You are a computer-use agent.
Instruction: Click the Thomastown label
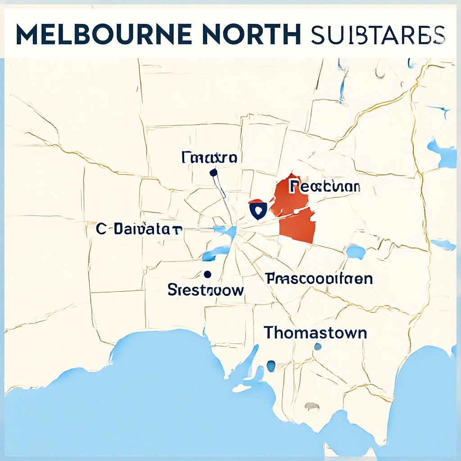coord(315,333)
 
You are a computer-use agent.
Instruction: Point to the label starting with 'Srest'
coord(206,289)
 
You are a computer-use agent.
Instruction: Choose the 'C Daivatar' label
coord(139,229)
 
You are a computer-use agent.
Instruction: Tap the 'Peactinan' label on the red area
coord(325,186)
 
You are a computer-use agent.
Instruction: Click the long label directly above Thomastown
coord(319,279)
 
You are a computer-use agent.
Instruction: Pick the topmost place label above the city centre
coord(209,158)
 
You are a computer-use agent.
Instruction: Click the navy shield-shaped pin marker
coord(258,210)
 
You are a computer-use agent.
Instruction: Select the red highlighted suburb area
coord(297,225)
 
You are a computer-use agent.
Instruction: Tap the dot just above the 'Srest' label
coord(208,274)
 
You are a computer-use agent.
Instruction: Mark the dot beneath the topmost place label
coord(213,172)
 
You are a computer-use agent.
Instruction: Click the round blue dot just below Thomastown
coord(318,346)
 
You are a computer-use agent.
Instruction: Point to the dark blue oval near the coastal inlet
coord(271,366)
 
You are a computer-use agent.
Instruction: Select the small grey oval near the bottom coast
coord(312,407)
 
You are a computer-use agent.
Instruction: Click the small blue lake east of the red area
coord(356,252)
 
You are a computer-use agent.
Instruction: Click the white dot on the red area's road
coord(296,211)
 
